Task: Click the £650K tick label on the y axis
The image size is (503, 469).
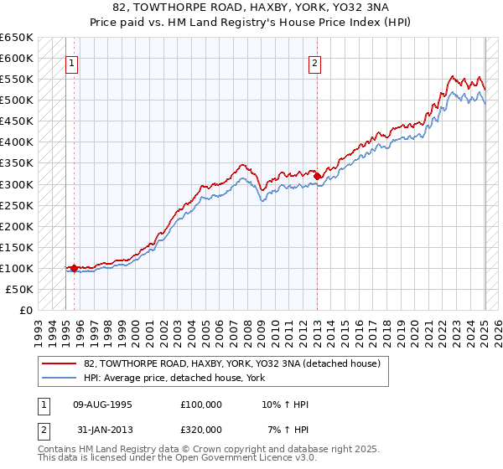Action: pos(17,38)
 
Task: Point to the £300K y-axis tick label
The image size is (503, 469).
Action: pos(17,184)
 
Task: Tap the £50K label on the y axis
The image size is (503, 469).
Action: pos(20,289)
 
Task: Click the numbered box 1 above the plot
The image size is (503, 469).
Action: pos(71,63)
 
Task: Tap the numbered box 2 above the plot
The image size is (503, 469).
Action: pos(314,63)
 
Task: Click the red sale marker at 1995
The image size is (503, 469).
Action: pos(74,268)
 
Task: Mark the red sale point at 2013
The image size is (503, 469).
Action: pos(318,176)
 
